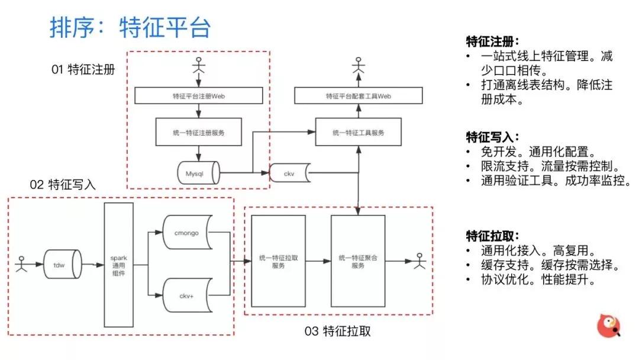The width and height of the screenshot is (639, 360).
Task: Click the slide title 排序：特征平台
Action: [130, 28]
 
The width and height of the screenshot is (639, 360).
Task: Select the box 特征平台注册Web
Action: [198, 95]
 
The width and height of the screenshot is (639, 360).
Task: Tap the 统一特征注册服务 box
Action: [198, 132]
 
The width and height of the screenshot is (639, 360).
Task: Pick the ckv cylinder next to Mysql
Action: [289, 173]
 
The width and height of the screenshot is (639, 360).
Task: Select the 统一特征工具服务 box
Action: [359, 132]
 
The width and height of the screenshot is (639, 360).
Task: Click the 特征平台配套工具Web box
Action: [359, 95]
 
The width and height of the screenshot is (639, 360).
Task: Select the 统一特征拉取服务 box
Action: [279, 261]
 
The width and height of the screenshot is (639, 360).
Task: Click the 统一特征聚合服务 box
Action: [359, 261]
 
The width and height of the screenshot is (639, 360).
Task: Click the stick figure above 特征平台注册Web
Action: [198, 67]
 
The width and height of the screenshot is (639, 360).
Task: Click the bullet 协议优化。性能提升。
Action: [537, 281]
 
